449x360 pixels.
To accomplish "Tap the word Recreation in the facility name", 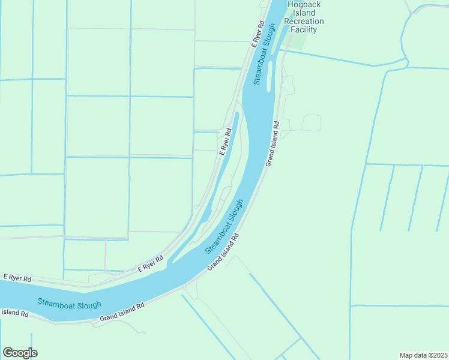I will click(x=305, y=21).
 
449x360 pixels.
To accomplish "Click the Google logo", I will click(x=20, y=352).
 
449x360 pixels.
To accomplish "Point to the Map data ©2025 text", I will click(x=423, y=355).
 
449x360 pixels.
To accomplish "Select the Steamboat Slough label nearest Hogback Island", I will click(x=264, y=54).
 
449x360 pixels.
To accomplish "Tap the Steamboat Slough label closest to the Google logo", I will click(x=69, y=304).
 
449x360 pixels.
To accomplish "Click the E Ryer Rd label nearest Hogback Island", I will click(x=258, y=34).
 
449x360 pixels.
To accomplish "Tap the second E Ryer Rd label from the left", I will click(x=151, y=265).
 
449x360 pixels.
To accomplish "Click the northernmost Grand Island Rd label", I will click(x=273, y=144).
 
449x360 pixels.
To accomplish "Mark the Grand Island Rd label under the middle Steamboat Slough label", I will click(x=223, y=251).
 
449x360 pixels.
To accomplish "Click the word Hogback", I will click(x=305, y=5).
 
